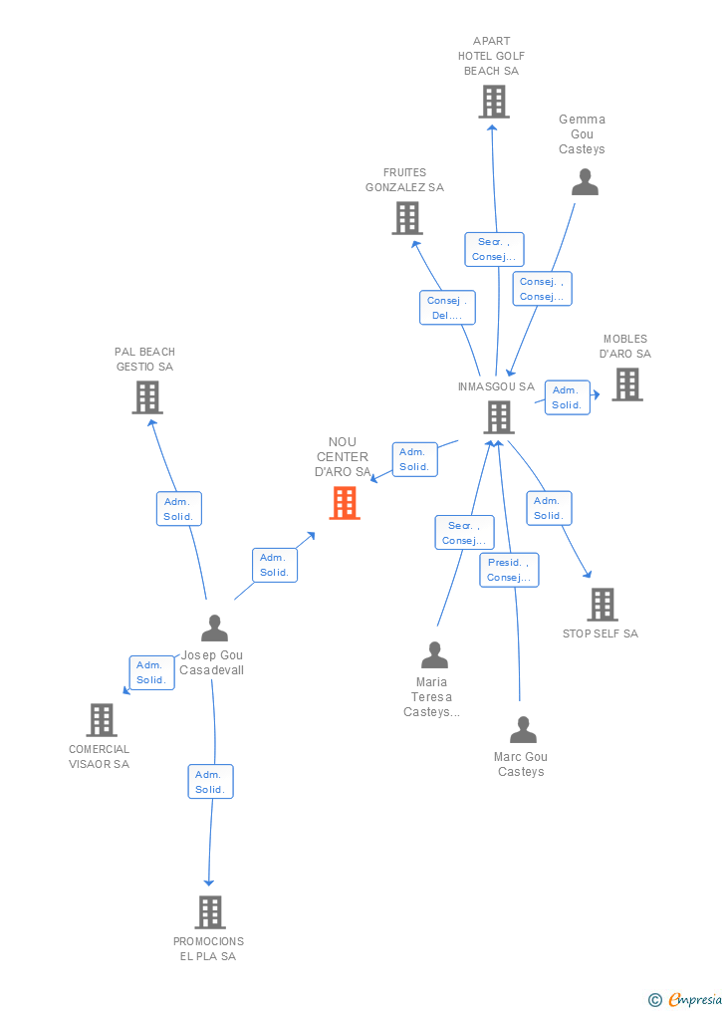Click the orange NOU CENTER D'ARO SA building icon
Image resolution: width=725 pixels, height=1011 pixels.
(345, 503)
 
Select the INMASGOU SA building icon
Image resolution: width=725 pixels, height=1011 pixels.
(499, 417)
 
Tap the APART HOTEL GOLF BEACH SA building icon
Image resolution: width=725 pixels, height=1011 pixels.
(493, 102)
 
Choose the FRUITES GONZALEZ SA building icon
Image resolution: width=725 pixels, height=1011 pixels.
(406, 218)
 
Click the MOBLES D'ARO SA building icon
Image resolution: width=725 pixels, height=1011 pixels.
(626, 384)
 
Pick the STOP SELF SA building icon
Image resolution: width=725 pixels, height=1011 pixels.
(602, 604)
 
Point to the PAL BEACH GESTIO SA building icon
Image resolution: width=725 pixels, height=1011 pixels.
(147, 397)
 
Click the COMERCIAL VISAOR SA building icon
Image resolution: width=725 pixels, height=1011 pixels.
(102, 719)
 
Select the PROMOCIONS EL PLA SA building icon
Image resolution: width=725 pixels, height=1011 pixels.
(209, 911)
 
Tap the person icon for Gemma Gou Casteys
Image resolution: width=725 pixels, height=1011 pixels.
(585, 182)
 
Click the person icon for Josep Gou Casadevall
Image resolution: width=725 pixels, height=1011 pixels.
(214, 629)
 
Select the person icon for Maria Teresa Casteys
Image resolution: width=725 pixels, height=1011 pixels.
(434, 655)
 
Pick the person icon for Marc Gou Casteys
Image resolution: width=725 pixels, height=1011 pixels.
(523, 730)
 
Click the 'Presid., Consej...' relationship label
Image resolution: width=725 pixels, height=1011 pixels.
(509, 570)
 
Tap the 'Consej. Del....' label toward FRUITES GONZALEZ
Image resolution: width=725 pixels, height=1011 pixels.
(447, 308)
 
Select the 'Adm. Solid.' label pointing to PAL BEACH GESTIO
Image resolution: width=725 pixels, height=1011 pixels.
(179, 508)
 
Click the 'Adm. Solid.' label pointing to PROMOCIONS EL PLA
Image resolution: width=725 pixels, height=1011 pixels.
(210, 782)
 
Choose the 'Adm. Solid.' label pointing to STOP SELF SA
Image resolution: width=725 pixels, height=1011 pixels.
(548, 508)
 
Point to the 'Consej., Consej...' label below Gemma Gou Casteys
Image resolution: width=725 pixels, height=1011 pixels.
(542, 289)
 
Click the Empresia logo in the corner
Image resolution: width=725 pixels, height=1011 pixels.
(686, 999)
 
